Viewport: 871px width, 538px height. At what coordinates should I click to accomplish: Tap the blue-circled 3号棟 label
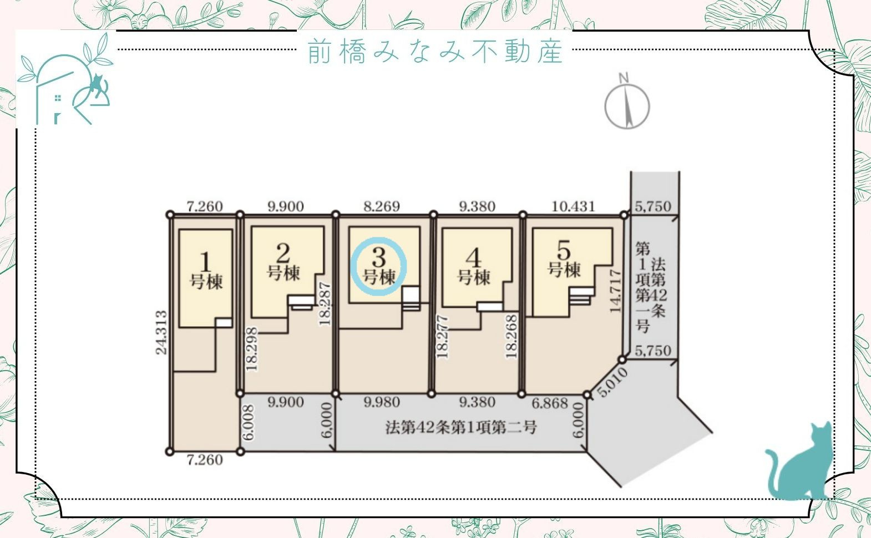coord(379,267)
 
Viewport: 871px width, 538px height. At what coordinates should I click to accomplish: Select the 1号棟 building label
coord(206,271)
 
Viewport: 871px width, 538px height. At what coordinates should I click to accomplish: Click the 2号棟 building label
coord(283,263)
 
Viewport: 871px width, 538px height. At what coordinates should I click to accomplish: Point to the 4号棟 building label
coord(474,267)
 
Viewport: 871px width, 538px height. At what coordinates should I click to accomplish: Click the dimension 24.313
coord(161,333)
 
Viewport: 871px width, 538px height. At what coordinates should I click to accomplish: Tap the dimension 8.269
coord(382,206)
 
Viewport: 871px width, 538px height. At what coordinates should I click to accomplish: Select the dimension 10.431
coord(574,206)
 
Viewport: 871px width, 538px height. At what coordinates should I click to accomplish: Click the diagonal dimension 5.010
coord(613,383)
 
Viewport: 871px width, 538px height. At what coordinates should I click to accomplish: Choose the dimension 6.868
coord(549,403)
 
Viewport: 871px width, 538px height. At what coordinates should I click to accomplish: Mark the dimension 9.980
coord(382,402)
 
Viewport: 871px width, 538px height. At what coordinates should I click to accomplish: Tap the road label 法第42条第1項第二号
coord(460,428)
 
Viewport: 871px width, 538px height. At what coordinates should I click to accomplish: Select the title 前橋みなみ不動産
coord(435,51)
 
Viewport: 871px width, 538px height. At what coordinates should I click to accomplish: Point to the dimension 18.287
coord(325,304)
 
